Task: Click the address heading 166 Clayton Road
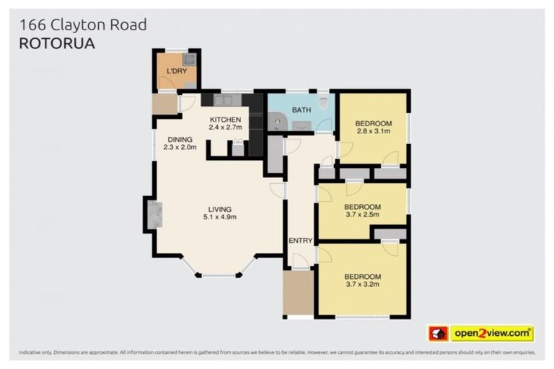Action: (x=82, y=25)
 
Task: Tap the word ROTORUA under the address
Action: (x=56, y=43)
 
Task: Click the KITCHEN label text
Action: (x=225, y=119)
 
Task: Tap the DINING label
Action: (x=180, y=140)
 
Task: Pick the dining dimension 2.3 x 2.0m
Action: (x=180, y=148)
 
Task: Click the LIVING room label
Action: (x=219, y=209)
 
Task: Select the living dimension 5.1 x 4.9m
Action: (x=219, y=218)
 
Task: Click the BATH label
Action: (x=301, y=110)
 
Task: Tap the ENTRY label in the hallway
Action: (x=299, y=241)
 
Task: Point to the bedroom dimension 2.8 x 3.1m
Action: (x=372, y=132)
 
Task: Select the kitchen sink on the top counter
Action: (x=223, y=100)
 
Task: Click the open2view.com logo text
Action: (x=492, y=334)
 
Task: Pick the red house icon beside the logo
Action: (x=438, y=334)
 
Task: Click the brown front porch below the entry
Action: (x=298, y=292)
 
